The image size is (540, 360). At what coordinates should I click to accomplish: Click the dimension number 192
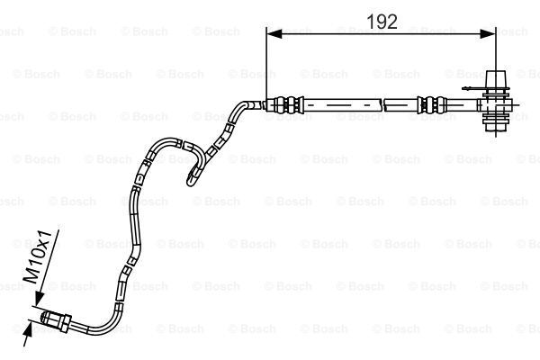[x=382, y=22]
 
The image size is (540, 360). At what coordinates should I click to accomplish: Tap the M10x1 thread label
[x=39, y=257]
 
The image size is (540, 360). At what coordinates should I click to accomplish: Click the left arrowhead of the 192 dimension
[x=274, y=33]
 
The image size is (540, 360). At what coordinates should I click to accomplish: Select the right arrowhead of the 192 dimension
[x=488, y=33]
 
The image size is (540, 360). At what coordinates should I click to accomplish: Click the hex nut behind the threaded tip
[x=65, y=323]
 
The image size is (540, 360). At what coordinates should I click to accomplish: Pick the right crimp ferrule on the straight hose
[x=432, y=104]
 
